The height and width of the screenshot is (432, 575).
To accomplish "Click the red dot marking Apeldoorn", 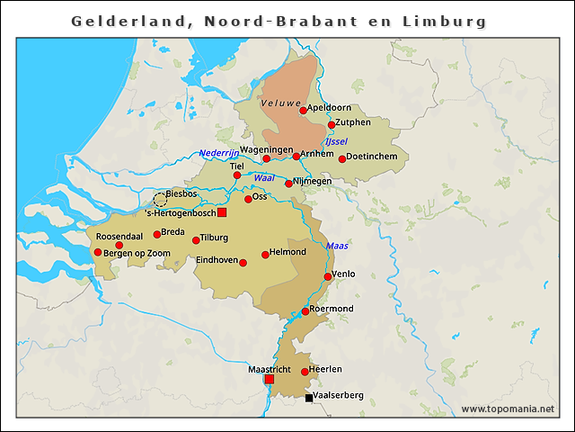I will (x=304, y=111).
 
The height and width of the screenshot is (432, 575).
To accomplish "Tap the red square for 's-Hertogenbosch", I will (x=222, y=212).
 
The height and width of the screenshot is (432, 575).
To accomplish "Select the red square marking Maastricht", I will (x=269, y=379).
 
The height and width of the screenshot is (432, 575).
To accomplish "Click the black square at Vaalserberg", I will (x=309, y=397).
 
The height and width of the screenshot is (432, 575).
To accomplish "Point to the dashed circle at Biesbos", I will (x=160, y=199).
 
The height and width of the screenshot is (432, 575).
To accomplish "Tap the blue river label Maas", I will (x=337, y=245).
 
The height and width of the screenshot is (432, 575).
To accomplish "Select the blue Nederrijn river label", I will (x=219, y=153).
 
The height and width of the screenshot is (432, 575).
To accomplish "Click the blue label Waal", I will (x=263, y=178).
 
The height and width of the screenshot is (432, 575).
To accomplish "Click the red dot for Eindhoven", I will (x=243, y=263).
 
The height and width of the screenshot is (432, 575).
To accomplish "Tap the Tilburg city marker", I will (x=196, y=240).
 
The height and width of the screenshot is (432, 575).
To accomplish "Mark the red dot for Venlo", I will (x=328, y=276).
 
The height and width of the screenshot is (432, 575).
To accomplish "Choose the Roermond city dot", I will (x=305, y=311).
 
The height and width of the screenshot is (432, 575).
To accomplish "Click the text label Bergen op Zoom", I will (x=137, y=254).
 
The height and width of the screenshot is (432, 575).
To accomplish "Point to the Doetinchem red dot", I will (x=341, y=159).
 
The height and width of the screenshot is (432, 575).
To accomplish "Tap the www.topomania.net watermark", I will (x=508, y=409).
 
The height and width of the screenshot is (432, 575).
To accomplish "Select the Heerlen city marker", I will (x=305, y=372).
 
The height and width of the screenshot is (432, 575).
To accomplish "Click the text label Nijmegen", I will (x=313, y=181).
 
